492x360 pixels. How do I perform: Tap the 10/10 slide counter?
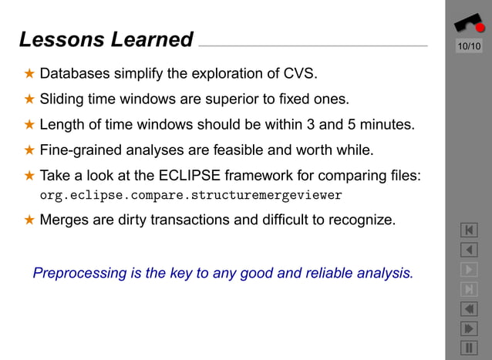pos(469,47)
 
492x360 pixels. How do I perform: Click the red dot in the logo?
pos(480,28)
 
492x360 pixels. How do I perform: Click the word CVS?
pos(299,74)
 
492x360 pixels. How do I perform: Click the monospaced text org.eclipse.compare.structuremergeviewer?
pos(190,194)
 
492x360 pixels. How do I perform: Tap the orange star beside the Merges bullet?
pos(29,220)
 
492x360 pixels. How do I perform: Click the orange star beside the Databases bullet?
pos(29,74)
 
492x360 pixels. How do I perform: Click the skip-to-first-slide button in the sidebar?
pos(469,230)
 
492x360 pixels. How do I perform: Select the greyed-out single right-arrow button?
pos(469,270)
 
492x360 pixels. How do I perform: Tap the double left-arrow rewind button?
pos(469,309)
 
